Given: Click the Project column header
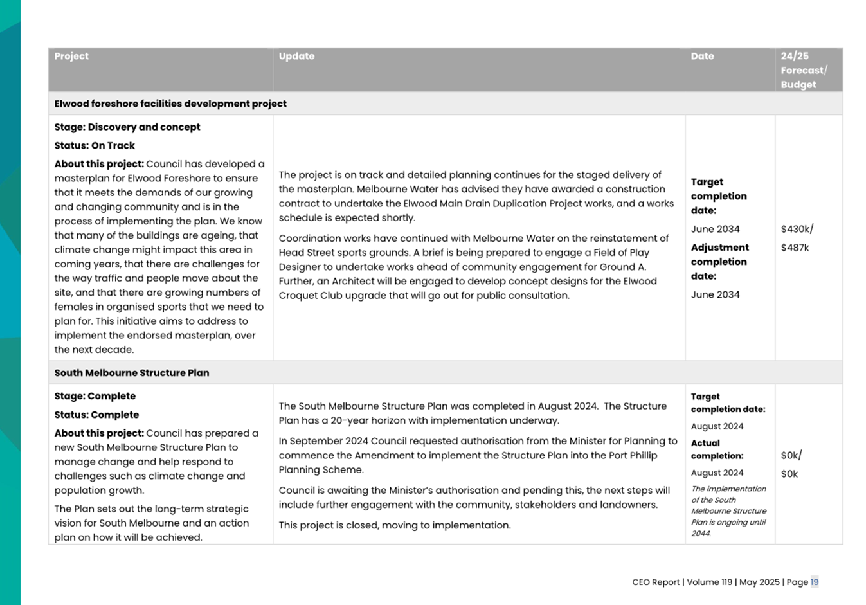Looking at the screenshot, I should [x=71, y=57].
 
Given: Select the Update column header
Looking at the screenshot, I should [x=296, y=57].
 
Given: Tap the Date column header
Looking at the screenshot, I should [x=702, y=57].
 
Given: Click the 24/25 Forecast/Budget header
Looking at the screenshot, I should [x=804, y=70].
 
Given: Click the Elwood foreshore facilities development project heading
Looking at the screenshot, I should [x=170, y=104].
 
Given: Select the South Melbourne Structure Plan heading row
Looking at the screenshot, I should [x=132, y=373].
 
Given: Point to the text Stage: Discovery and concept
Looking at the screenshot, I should [x=127, y=127].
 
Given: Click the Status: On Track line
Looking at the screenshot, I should [x=95, y=146].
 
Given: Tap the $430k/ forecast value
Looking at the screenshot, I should [x=797, y=229].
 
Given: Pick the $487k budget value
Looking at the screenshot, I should [x=795, y=248].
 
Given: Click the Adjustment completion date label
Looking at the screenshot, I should [x=719, y=262].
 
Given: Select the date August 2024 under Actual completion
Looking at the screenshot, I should [x=717, y=473].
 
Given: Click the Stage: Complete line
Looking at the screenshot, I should [x=95, y=397].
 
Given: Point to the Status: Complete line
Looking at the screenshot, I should [x=96, y=415].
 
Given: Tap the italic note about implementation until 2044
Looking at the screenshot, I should [x=728, y=511].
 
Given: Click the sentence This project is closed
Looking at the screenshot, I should [x=395, y=525].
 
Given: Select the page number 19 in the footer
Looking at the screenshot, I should [x=814, y=582].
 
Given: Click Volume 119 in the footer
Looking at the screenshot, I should [x=709, y=582].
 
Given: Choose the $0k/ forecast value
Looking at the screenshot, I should [x=791, y=455].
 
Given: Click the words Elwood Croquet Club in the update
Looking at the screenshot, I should [x=319, y=296].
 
